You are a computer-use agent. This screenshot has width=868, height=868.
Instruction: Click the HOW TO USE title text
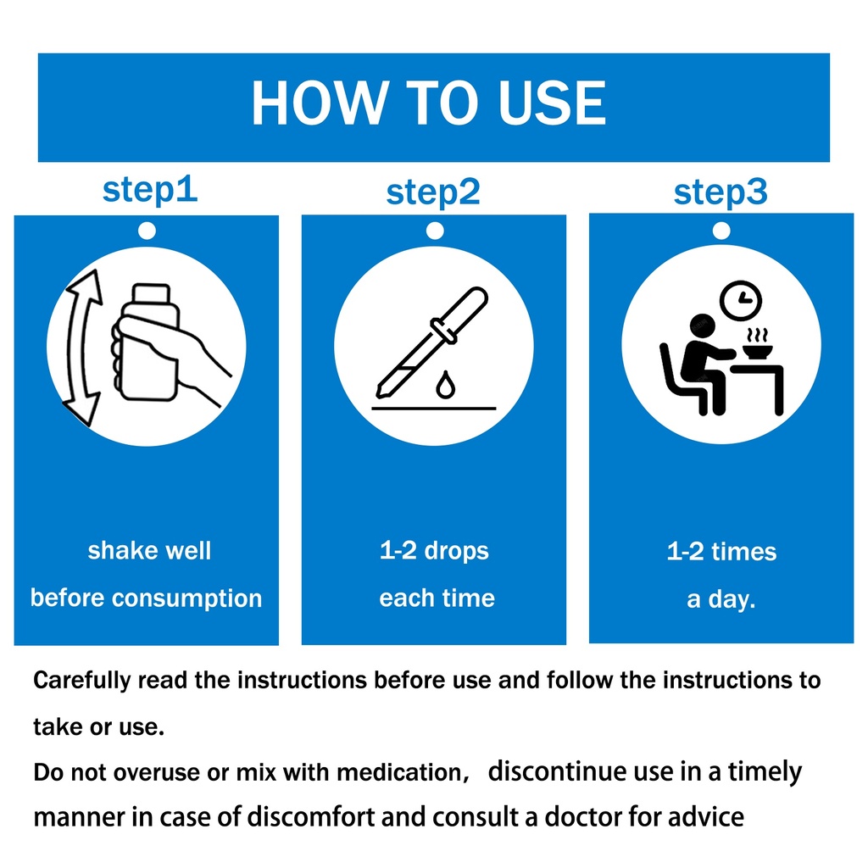[429, 103]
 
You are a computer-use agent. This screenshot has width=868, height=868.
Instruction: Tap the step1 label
[150, 191]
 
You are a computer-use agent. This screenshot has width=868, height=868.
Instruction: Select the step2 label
[433, 193]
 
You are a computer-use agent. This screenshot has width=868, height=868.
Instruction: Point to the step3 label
[721, 193]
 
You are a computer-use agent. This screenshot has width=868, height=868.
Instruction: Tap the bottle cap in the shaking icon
[151, 293]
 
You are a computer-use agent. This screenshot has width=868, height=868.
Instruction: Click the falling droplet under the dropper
[446, 385]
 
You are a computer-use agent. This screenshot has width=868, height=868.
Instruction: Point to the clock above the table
[741, 301]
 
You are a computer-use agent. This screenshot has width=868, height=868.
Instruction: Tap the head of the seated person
[702, 326]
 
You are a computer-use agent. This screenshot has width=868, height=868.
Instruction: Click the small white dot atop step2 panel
[435, 231]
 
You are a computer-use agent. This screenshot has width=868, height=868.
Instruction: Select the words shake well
[149, 551]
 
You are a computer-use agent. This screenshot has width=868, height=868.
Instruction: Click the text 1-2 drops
[434, 551]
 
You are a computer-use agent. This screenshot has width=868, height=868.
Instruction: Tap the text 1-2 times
[721, 552]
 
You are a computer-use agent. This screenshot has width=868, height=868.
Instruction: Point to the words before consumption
[146, 598]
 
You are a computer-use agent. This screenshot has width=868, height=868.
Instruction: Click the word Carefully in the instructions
[82, 681]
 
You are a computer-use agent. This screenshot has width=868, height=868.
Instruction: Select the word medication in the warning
[403, 772]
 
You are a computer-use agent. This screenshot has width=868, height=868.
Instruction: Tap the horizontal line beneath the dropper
[433, 409]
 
